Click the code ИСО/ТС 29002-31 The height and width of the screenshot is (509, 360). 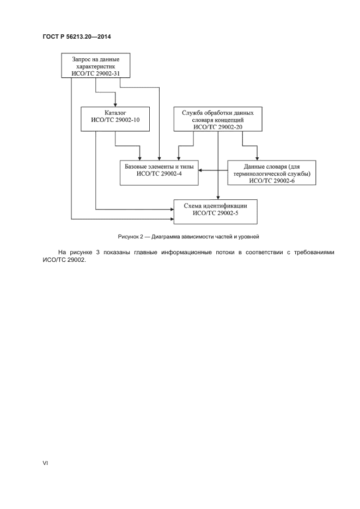(x=95, y=73)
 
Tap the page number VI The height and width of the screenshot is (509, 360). (x=46, y=463)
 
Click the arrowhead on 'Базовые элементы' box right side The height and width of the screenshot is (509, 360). (x=199, y=170)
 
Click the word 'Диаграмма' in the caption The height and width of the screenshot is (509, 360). (x=167, y=236)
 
